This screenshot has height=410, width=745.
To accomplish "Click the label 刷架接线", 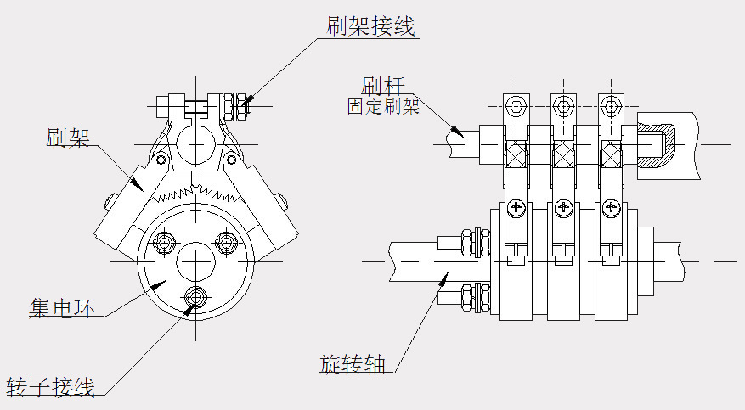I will click(370, 26).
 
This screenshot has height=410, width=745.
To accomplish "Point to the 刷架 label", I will click(69, 137).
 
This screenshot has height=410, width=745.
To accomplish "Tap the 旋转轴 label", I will click(353, 364).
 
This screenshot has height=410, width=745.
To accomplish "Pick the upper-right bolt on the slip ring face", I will click(227, 243).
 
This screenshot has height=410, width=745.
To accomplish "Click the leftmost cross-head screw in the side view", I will click(515, 208).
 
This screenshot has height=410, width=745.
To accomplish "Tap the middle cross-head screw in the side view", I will click(562, 208).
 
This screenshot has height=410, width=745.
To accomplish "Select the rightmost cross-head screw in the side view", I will click(609, 208).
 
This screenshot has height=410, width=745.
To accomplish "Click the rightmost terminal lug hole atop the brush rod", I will click(609, 107).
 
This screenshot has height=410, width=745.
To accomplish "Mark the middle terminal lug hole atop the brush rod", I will click(562, 107).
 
